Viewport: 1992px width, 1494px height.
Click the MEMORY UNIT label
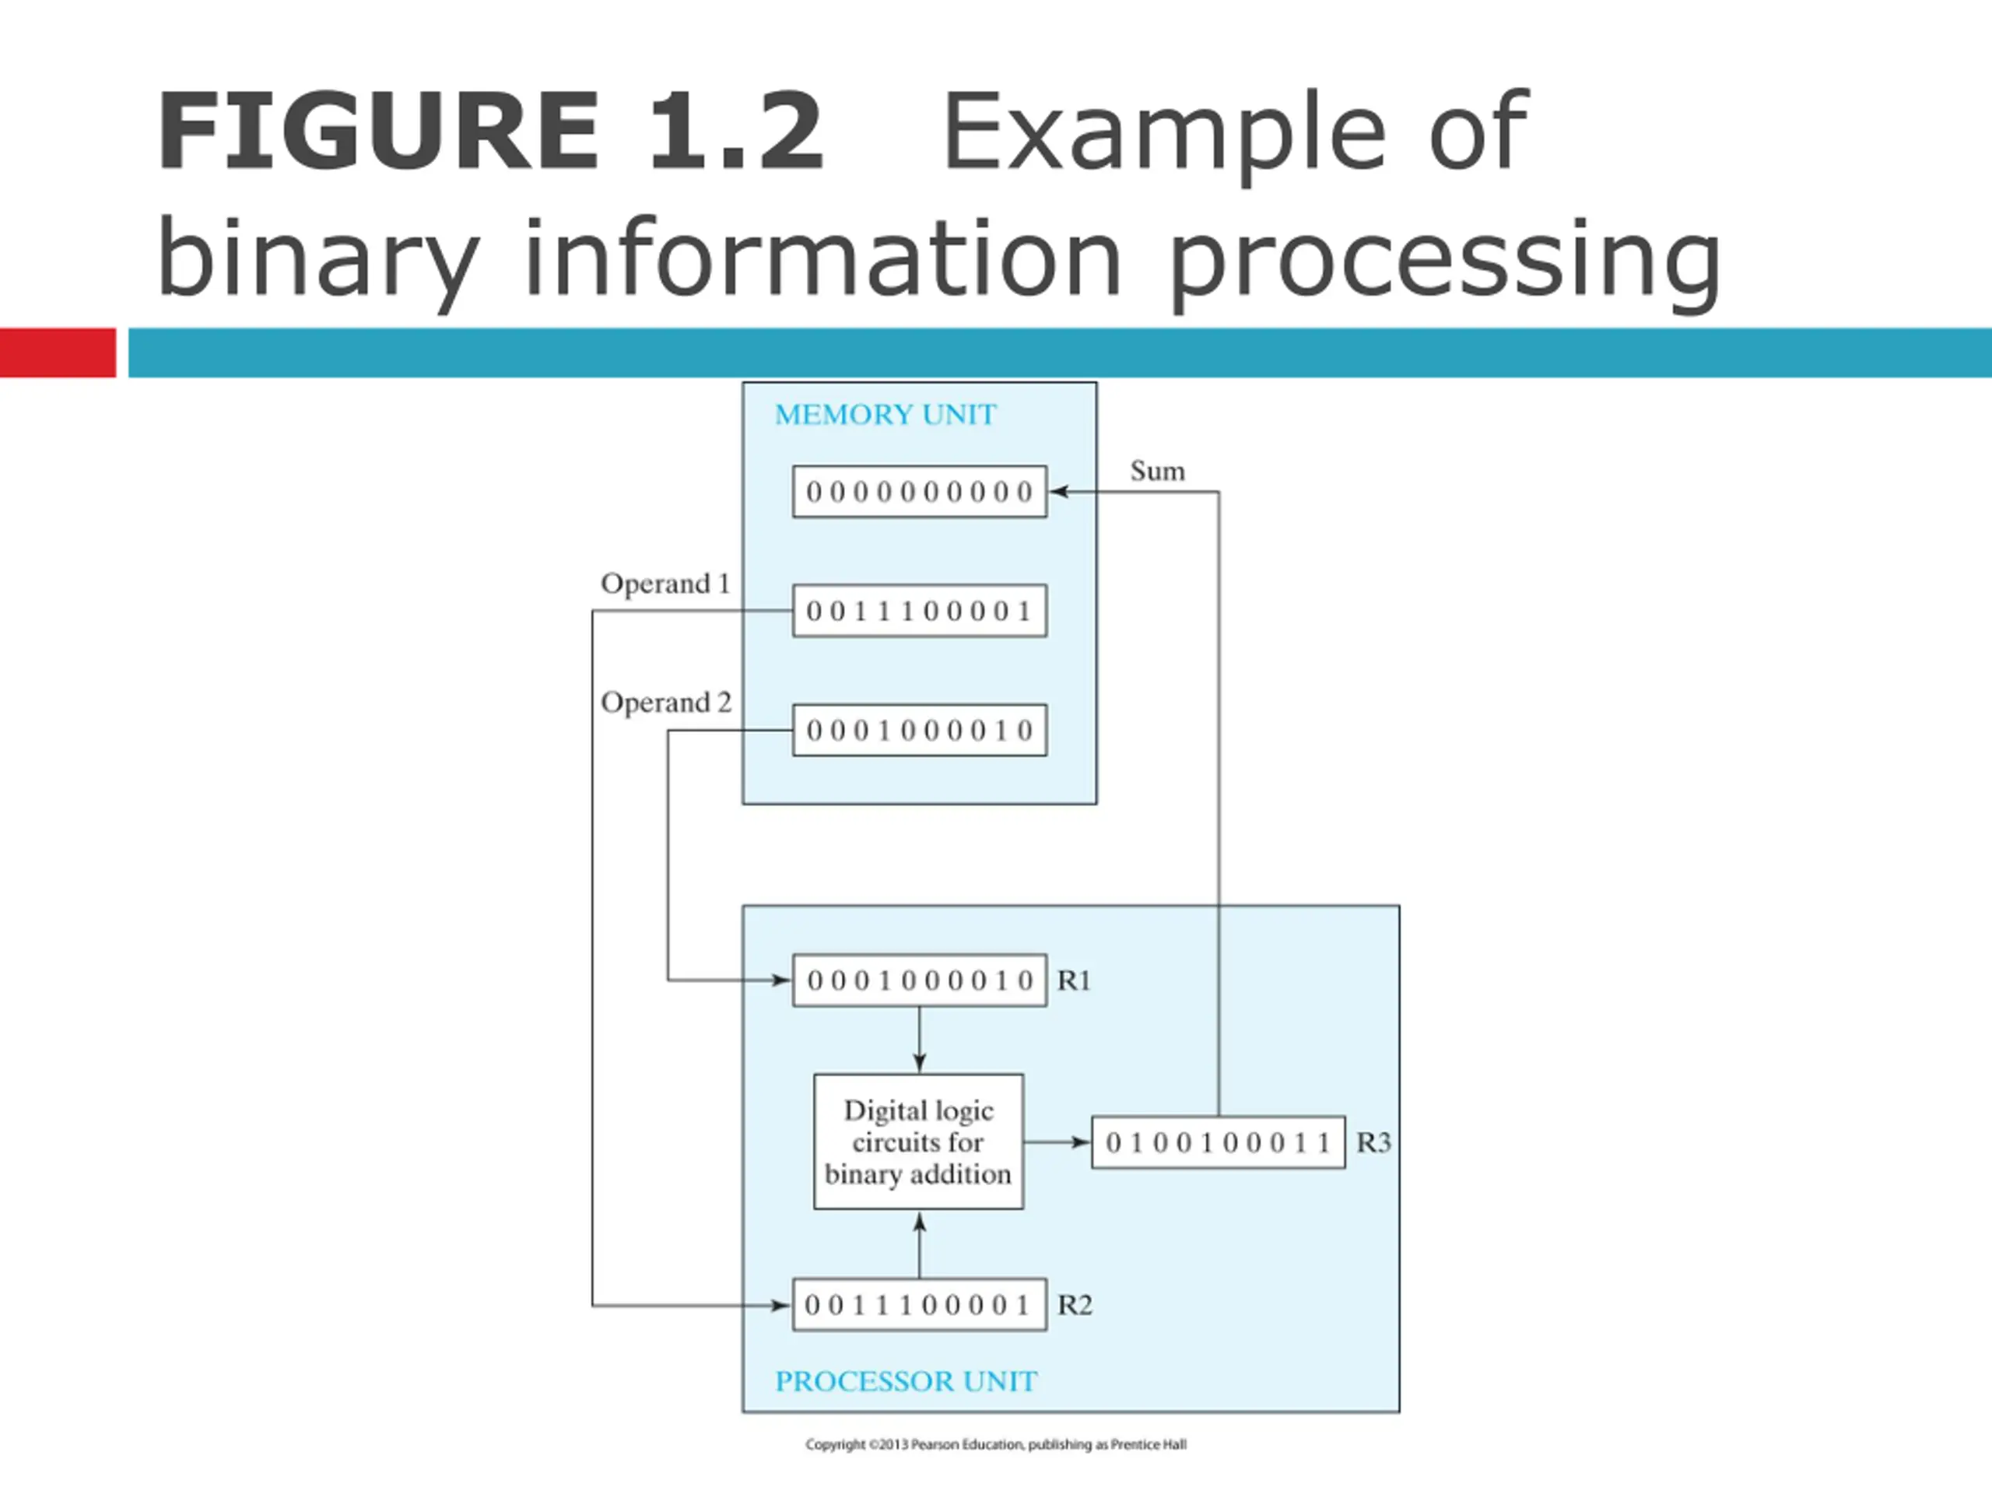click(x=886, y=414)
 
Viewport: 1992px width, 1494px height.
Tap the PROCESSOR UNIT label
click(x=906, y=1380)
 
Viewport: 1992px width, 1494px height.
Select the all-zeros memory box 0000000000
click(x=920, y=492)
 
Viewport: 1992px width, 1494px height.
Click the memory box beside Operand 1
click(x=920, y=611)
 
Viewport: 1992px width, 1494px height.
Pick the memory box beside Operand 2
click(x=920, y=729)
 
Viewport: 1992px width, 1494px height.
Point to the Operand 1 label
click(x=665, y=584)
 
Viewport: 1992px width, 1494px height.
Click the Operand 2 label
click(x=666, y=703)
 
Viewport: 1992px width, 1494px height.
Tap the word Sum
click(x=1157, y=471)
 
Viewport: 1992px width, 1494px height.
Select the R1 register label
click(x=1074, y=980)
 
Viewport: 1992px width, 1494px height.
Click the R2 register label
click(x=1075, y=1305)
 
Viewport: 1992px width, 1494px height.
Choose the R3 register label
click(x=1373, y=1143)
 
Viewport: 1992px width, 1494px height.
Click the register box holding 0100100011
click(x=1219, y=1143)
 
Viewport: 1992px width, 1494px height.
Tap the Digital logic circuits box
click(x=918, y=1141)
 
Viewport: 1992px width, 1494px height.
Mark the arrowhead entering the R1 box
click(x=782, y=980)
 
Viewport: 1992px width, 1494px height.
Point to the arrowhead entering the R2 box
click(x=782, y=1305)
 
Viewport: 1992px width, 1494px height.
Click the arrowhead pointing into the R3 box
click(x=1081, y=1143)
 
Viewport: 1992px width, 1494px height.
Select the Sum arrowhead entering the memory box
click(x=1059, y=492)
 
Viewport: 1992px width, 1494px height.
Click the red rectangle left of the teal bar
click(x=58, y=352)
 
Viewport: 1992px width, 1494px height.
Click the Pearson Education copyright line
click(x=996, y=1444)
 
